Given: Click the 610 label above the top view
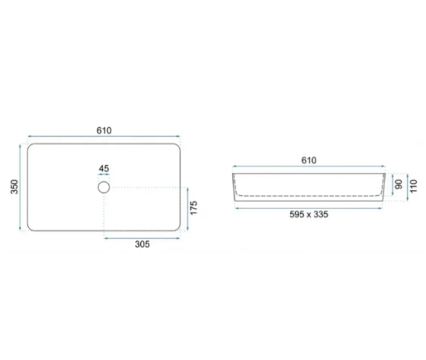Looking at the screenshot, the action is (104, 130).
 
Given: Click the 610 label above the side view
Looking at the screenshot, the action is (309, 160).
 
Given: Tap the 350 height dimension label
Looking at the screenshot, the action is (15, 187).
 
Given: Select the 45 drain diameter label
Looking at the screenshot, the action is (104, 168).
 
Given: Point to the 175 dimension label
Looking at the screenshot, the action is (193, 208).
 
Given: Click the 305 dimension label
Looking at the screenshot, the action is (143, 244).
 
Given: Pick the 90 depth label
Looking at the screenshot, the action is (399, 185).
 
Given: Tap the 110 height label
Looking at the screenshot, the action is (414, 186).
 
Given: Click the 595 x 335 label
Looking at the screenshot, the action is (309, 214).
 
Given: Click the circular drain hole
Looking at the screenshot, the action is (104, 181).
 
